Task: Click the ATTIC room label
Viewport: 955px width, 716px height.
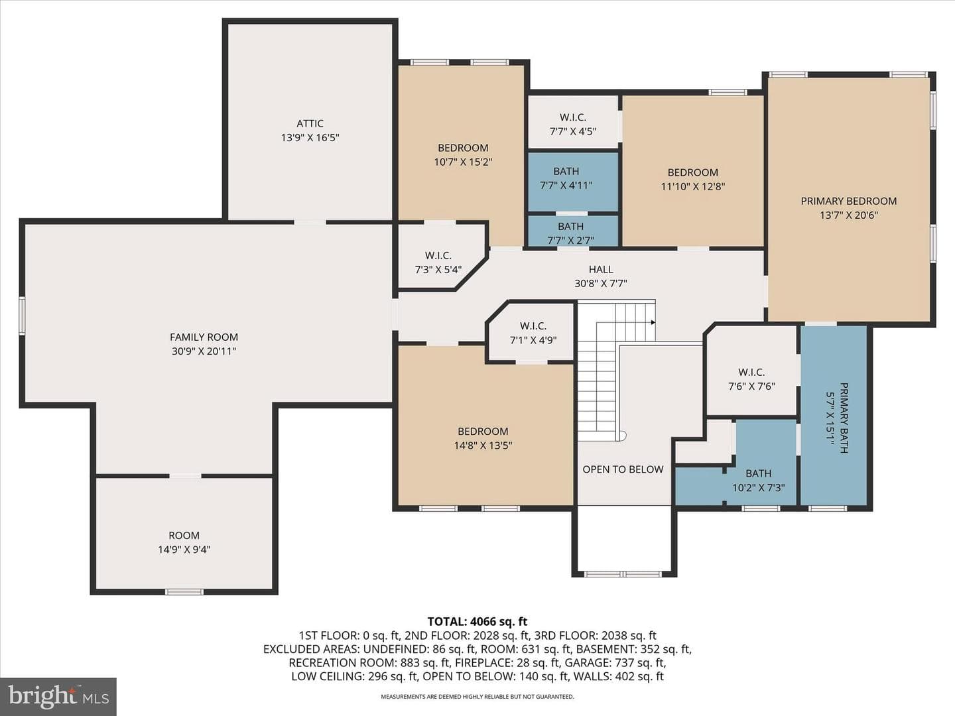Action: coord(310,123)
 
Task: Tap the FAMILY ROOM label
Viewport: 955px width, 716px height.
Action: coord(204,337)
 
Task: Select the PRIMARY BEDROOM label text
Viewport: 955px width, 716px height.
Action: coord(848,201)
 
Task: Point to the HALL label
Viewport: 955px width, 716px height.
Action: coord(601,269)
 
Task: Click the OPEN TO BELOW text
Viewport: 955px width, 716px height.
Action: coord(623,469)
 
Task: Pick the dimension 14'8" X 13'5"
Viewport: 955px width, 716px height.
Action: coord(483,445)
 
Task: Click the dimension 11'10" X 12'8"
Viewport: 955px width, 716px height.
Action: coord(692,186)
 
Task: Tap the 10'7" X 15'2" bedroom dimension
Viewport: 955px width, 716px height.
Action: coord(463,162)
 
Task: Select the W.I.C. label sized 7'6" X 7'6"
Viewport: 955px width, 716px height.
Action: coord(751,372)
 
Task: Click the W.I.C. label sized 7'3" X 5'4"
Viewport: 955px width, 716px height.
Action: coord(438,256)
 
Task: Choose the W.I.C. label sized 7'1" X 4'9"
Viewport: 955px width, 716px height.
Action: coord(533,326)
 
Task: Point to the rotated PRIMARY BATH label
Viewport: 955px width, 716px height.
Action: coord(844,418)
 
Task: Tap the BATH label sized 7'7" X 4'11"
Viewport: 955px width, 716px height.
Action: coord(566,171)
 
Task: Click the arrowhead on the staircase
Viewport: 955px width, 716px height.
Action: coord(653,322)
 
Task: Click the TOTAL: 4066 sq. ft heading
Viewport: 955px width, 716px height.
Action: coord(477,621)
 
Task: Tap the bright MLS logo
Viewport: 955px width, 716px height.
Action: coord(58,697)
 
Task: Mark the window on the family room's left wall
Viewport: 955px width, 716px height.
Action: coord(22,316)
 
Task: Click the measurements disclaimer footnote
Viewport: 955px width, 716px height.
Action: coord(477,696)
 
